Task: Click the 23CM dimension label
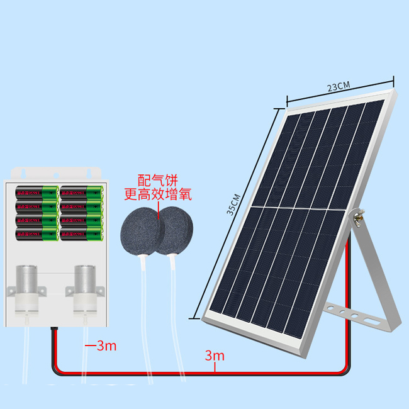339,87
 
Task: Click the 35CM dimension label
233,204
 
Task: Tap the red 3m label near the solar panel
215,356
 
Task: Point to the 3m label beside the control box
101,345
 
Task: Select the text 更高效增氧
157,194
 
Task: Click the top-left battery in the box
36,191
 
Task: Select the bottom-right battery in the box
81,235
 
